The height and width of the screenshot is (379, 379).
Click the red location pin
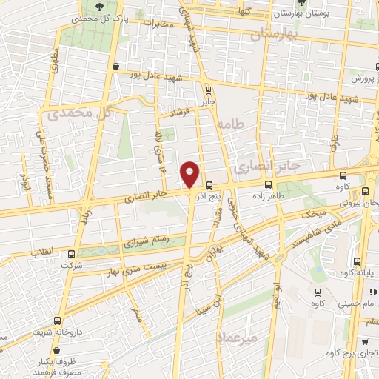(190, 175)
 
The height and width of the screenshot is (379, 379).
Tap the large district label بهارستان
(273, 35)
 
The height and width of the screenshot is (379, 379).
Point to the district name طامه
(232, 127)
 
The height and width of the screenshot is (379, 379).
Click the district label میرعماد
(236, 338)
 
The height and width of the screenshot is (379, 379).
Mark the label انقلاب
(44, 252)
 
